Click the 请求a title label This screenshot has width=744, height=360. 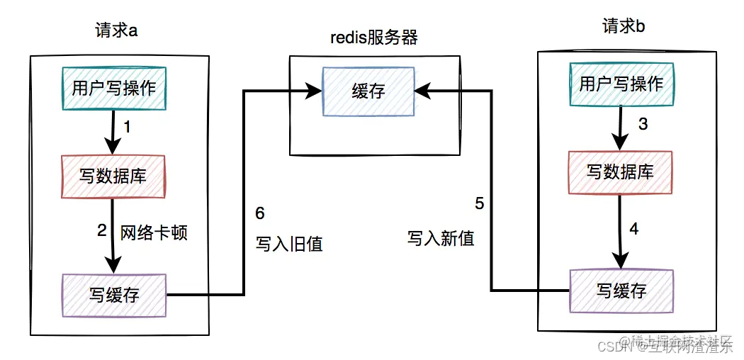click(x=116, y=30)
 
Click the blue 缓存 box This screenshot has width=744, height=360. click(x=368, y=91)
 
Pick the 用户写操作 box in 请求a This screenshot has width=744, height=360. click(x=113, y=88)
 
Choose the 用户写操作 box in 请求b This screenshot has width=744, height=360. click(x=621, y=84)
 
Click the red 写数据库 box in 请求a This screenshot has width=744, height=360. click(x=113, y=176)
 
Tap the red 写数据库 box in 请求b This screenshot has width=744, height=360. click(x=621, y=171)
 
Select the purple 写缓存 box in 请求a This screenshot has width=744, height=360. click(x=113, y=295)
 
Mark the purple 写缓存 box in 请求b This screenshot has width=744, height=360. click(x=621, y=291)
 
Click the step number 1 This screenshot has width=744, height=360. click(x=128, y=128)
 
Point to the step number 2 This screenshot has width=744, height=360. click(x=101, y=230)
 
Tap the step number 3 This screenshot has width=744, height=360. click(x=643, y=125)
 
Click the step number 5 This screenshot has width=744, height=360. click(x=480, y=204)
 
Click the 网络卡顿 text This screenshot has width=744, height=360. click(x=154, y=232)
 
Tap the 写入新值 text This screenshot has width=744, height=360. click(x=441, y=237)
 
